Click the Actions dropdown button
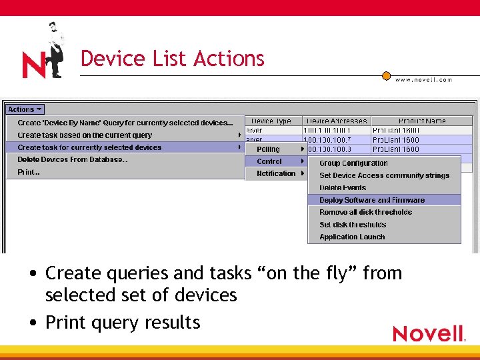[x=25, y=109]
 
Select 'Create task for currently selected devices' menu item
[x=89, y=147]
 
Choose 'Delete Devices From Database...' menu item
[x=73, y=159]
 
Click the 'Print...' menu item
[x=29, y=172]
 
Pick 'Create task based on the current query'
[x=85, y=135]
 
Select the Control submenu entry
[x=269, y=161]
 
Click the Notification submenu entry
[x=276, y=173]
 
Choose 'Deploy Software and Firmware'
[x=371, y=200]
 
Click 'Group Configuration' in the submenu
[x=353, y=163]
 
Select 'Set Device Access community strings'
[x=384, y=175]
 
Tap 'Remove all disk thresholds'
[x=365, y=212]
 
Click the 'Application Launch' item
[x=352, y=237]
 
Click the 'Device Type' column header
[x=271, y=121]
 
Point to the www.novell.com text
[x=423, y=80]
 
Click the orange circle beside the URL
[x=386, y=76]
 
